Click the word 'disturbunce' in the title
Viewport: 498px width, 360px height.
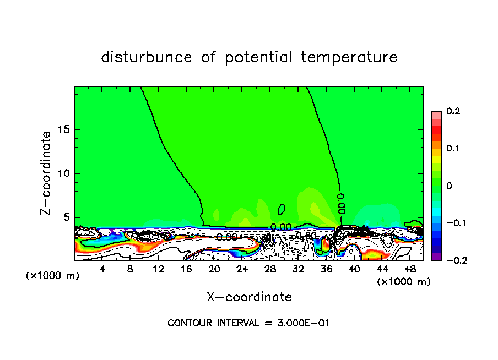point(146,57)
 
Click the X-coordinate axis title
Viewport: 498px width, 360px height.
point(249,297)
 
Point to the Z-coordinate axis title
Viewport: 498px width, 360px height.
point(47,173)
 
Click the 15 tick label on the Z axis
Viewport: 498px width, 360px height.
point(64,129)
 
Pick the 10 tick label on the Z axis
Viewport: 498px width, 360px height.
point(64,173)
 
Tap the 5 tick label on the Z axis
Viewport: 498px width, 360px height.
point(67,217)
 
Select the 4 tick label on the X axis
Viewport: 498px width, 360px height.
point(102,269)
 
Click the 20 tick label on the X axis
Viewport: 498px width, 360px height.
point(214,269)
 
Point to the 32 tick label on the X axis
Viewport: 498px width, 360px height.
point(298,269)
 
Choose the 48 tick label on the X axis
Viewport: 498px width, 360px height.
point(410,269)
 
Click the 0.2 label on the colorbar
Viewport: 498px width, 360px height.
point(453,111)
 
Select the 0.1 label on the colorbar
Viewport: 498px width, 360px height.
point(453,149)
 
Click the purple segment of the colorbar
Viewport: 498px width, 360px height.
point(437,257)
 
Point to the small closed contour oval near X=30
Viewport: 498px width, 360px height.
point(282,209)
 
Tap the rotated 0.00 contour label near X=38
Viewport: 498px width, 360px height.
point(342,203)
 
